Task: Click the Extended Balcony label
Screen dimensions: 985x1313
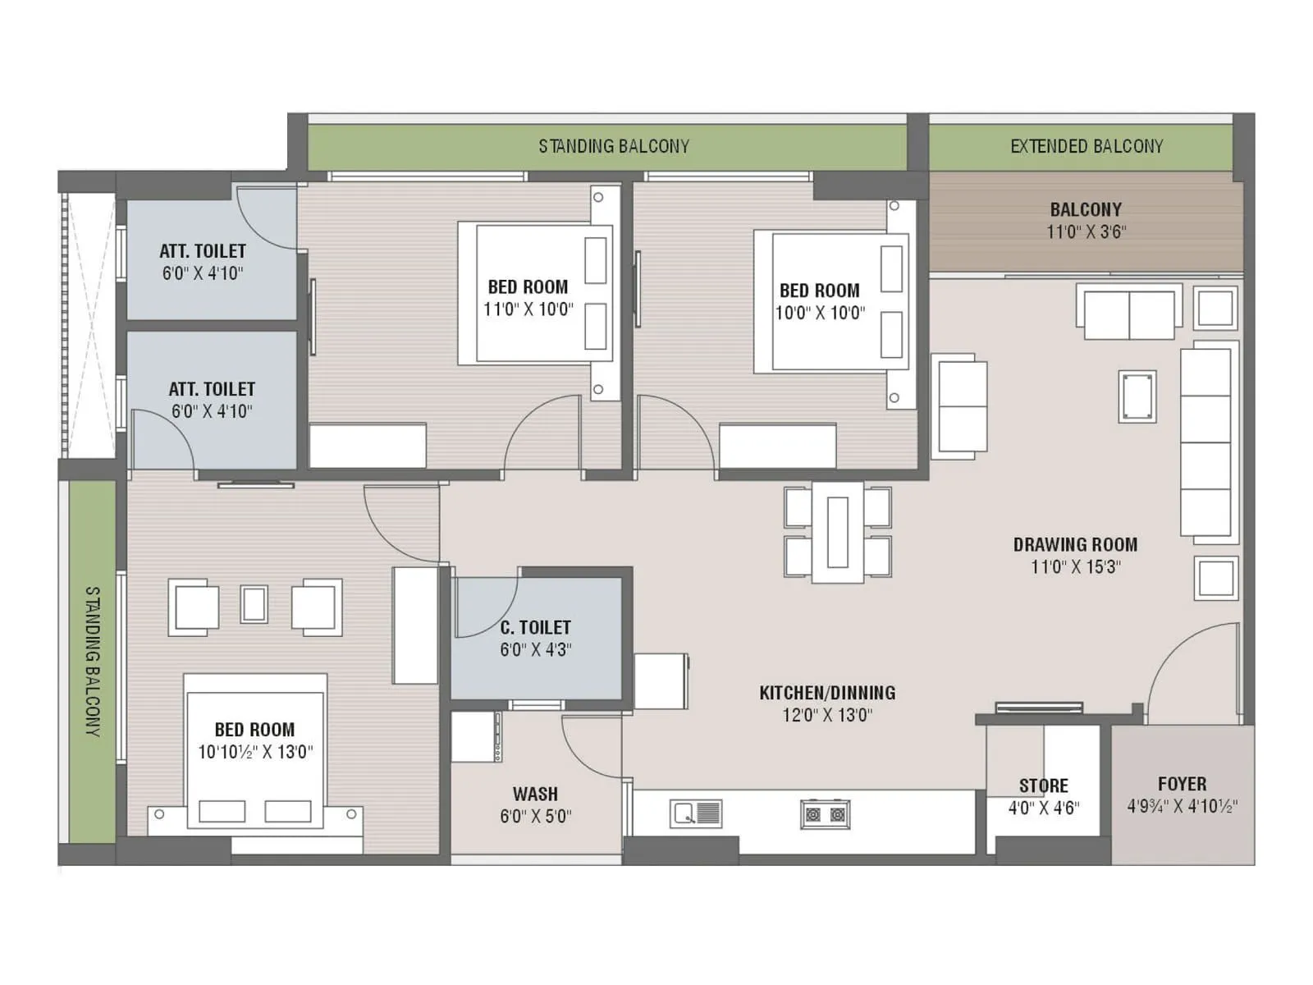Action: coord(1086,146)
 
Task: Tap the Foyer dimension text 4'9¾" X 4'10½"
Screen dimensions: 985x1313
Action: coord(1182,806)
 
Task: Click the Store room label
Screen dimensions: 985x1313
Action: coord(1043,786)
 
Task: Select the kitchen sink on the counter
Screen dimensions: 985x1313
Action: coord(696,813)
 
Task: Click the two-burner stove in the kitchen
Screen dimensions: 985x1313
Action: coord(825,814)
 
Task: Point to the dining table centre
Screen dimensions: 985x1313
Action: coord(837,532)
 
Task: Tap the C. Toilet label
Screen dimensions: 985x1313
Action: coord(535,627)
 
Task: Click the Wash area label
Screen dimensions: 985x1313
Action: coord(535,794)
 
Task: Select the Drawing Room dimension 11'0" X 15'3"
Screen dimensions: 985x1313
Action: coord(1075,566)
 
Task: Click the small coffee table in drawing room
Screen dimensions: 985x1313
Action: coord(1137,396)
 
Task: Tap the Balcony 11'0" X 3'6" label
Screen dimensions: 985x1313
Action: coord(1085,220)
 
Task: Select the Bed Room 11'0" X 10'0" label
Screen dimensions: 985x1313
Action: coord(528,287)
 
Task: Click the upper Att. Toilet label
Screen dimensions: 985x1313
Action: coord(203,251)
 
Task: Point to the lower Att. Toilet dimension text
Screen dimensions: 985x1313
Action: coord(212,411)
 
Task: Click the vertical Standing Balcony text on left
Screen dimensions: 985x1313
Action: coord(93,661)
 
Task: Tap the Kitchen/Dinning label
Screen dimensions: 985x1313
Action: coord(826,693)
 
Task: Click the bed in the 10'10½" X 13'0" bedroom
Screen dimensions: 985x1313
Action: coord(254,751)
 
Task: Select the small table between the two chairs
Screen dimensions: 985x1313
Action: coord(254,605)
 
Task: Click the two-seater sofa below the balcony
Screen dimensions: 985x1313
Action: coord(1128,314)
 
